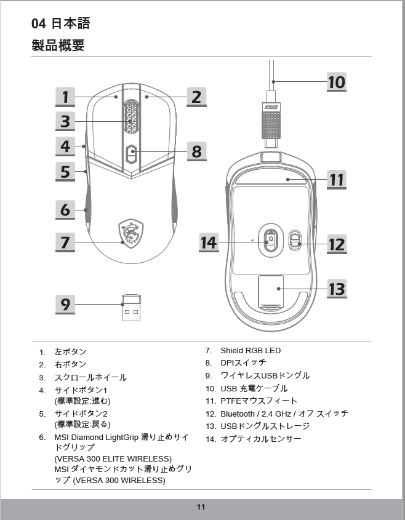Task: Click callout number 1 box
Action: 65,97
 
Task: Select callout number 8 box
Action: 196,151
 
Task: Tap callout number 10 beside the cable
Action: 336,82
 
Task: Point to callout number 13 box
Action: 336,289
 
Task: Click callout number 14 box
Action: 209,242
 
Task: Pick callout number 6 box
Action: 65,209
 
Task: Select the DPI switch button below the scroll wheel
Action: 130,154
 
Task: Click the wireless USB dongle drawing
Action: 130,307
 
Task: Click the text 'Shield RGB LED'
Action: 251,351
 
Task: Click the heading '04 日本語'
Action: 61,24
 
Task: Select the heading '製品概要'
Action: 58,45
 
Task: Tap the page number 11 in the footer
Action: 201,507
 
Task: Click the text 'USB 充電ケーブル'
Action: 254,388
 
